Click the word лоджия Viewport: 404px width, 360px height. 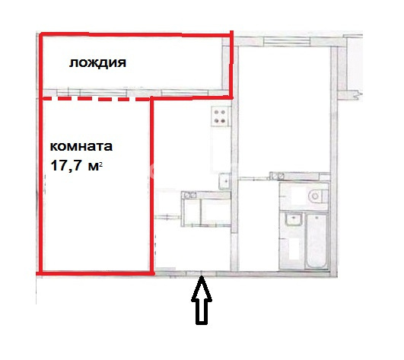(x=97, y=63)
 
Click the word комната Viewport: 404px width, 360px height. (x=81, y=146)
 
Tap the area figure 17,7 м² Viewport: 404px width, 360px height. (x=77, y=165)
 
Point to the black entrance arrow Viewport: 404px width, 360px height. (x=202, y=300)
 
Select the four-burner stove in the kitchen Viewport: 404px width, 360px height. (x=221, y=116)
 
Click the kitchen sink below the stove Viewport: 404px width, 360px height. (x=224, y=181)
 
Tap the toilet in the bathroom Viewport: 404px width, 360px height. (x=318, y=196)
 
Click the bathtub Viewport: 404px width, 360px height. (x=317, y=241)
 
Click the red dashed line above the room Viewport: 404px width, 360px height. (x=96, y=99)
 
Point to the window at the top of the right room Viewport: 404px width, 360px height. (x=286, y=40)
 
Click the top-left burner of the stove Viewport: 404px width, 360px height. (x=216, y=112)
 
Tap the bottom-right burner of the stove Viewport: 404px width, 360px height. (x=224, y=121)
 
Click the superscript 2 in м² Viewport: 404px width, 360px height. (x=100, y=164)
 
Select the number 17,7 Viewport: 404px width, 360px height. (x=66, y=165)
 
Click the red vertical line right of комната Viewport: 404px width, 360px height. (x=151, y=186)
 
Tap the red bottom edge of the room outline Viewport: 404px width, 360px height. (x=95, y=273)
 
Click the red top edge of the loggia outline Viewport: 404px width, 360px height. (x=136, y=34)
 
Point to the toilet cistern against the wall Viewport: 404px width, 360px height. (x=325, y=196)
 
